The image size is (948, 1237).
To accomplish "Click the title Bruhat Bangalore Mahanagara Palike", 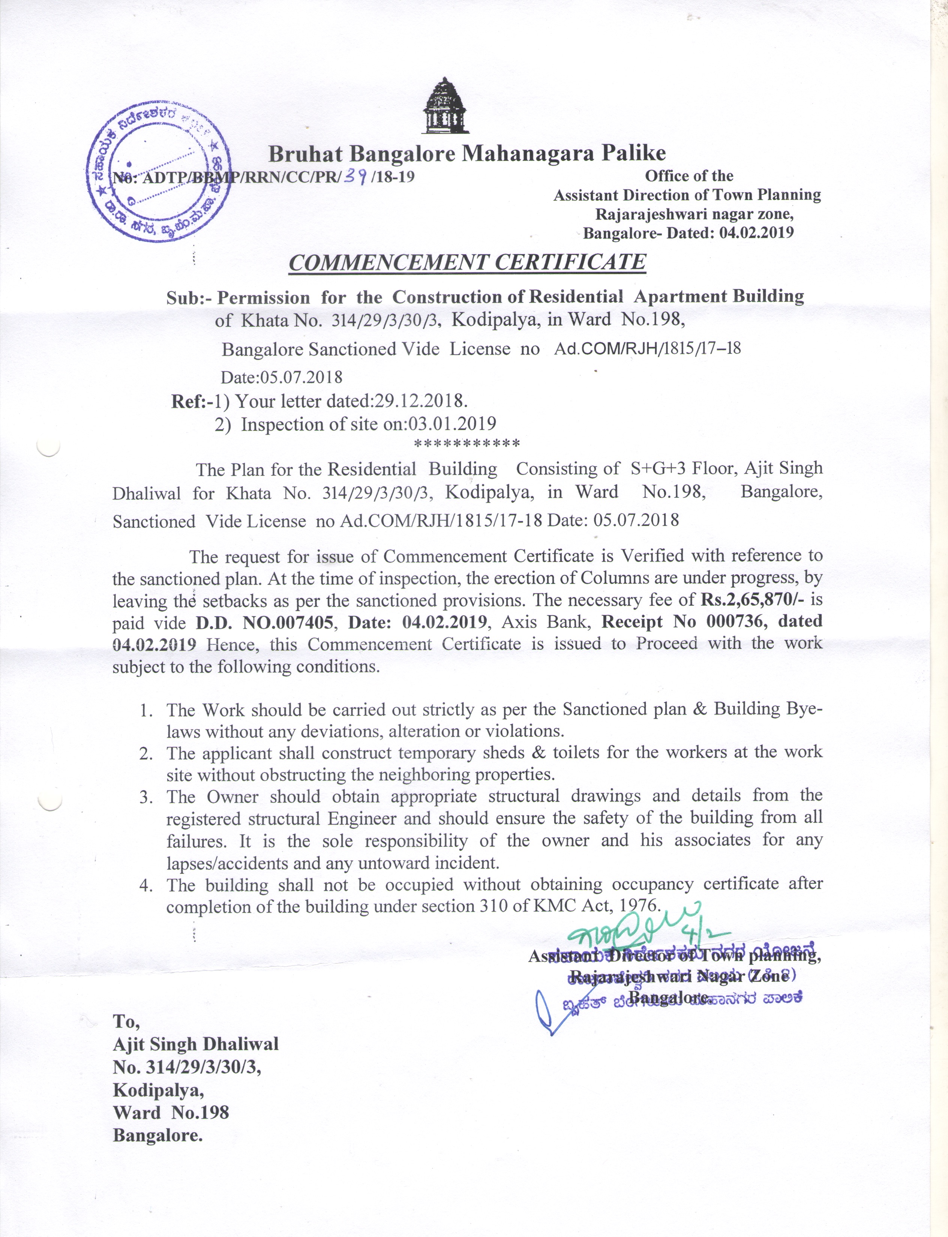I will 466,153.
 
